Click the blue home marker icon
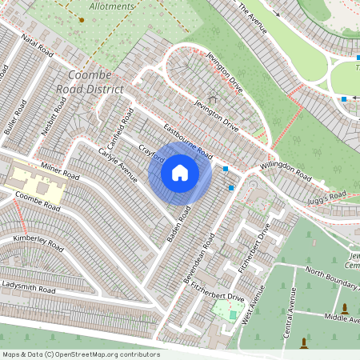point(180,173)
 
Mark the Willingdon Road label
point(285,170)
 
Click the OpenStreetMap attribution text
point(82,354)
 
